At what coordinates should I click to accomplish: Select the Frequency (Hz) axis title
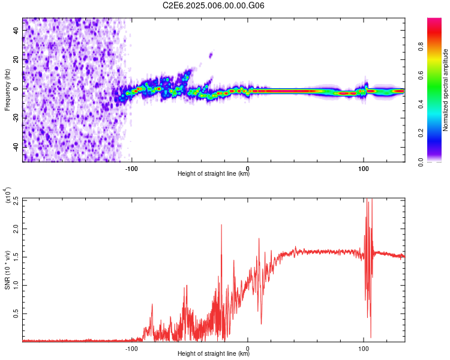[7, 90]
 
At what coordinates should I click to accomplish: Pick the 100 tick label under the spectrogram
[363, 167]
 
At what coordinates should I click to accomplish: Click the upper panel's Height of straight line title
[214, 174]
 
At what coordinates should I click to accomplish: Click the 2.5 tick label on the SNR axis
[14, 201]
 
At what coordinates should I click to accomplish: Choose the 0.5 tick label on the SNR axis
[14, 313]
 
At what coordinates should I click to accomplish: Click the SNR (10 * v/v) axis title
[7, 270]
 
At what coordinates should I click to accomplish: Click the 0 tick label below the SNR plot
[248, 347]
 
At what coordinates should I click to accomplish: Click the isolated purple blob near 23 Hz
[211, 55]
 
